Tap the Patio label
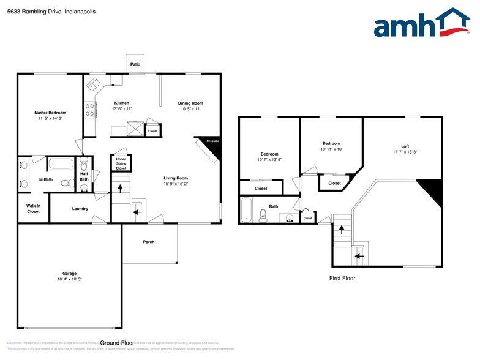point(135,64)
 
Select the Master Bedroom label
point(50,113)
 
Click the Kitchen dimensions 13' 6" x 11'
point(122,108)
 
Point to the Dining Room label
point(190,103)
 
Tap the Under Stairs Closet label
point(121,163)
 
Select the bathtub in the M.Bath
point(60,163)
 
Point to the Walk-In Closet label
point(33,208)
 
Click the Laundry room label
point(80,209)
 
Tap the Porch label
point(149,242)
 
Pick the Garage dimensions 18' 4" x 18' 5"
point(69,279)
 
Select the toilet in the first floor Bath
point(264,214)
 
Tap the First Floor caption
point(342,278)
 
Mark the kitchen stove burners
point(89,109)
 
